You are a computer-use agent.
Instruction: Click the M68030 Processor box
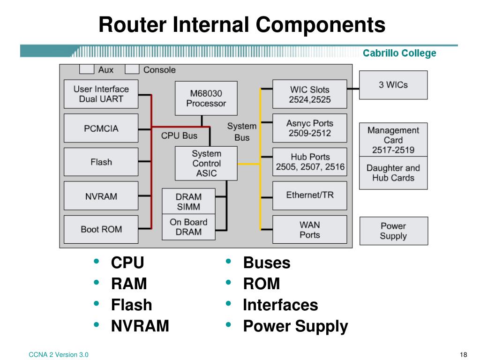(x=206, y=98)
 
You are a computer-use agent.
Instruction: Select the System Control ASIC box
(x=206, y=163)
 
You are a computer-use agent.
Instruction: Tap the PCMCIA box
(x=101, y=128)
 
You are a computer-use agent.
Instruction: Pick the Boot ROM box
(x=101, y=229)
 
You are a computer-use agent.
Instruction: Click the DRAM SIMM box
(x=188, y=201)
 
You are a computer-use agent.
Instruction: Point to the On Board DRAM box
(x=188, y=227)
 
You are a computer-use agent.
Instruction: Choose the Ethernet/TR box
(x=310, y=195)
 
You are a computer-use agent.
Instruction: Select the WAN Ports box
(x=310, y=229)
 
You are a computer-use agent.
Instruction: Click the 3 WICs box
(x=393, y=85)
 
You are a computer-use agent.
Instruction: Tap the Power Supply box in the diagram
(x=394, y=231)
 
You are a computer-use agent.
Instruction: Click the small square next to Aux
(x=87, y=69)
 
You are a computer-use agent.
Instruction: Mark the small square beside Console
(x=132, y=69)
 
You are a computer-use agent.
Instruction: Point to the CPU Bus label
(x=179, y=135)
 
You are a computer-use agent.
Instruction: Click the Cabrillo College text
(x=399, y=53)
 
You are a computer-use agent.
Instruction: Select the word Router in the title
(x=133, y=24)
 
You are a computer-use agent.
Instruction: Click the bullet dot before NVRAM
(x=97, y=324)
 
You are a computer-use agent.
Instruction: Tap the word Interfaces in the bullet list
(x=280, y=305)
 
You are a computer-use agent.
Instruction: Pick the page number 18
(x=464, y=355)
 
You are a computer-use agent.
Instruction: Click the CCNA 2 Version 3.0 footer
(x=59, y=355)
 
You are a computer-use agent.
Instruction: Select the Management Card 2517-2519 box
(x=393, y=140)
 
